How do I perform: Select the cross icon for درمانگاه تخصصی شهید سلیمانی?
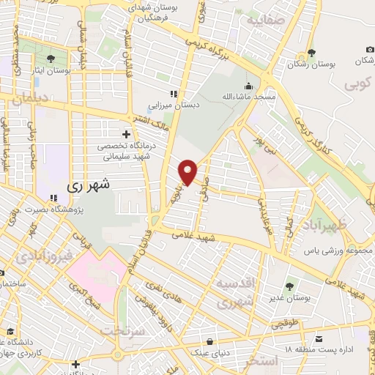[127, 134]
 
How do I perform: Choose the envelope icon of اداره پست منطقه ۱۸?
[319, 339]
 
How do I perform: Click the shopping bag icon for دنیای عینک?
[211, 341]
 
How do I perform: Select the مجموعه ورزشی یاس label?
[338, 251]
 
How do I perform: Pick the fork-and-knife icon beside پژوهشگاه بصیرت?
[53, 198]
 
